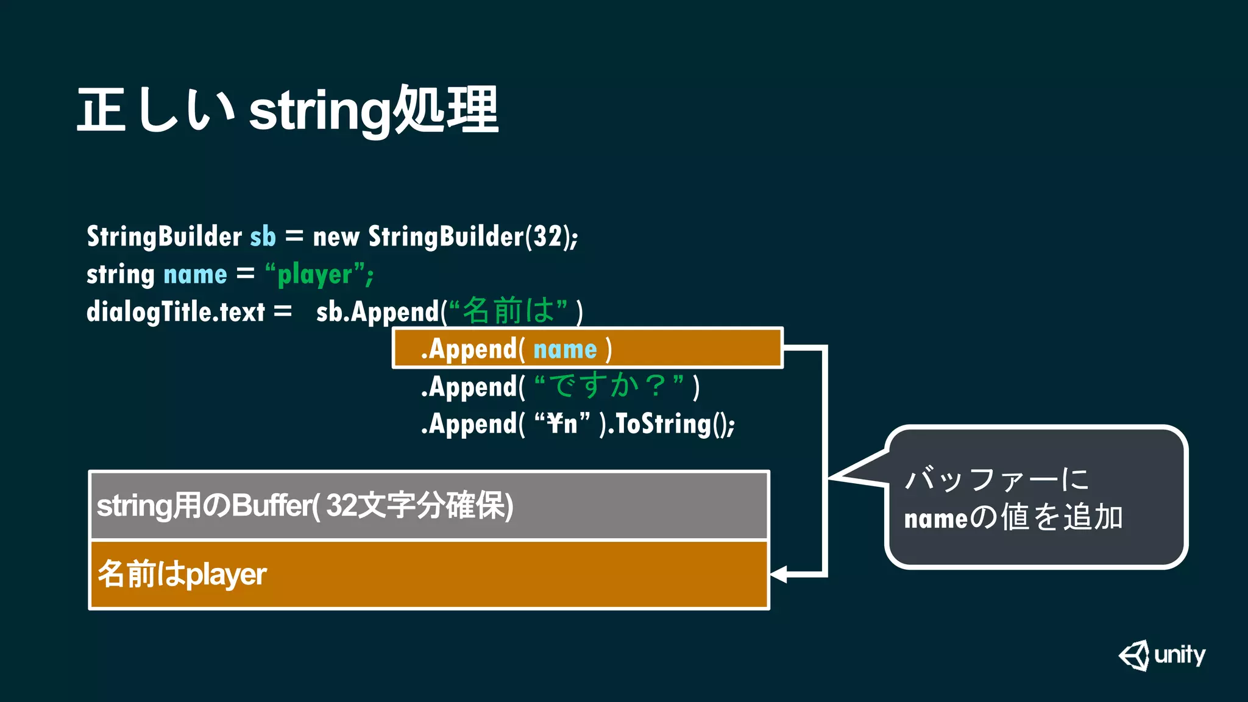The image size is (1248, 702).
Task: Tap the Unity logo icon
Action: tap(1134, 656)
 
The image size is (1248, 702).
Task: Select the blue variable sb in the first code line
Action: tap(263, 236)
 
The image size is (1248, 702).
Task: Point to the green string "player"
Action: tap(315, 275)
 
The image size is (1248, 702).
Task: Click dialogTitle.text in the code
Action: tap(175, 312)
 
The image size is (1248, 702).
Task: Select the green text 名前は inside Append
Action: tap(509, 311)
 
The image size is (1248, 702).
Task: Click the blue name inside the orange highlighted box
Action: tap(565, 350)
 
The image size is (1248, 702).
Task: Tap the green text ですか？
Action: tap(609, 386)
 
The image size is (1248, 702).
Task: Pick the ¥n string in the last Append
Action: tap(562, 424)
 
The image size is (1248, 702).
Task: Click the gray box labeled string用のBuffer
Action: tap(429, 505)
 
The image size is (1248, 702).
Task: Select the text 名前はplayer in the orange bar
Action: tap(182, 574)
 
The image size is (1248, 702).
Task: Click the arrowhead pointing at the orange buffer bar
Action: tap(779, 574)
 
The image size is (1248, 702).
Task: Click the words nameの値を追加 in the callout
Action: tap(1013, 518)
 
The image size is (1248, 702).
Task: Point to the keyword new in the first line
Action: tap(336, 236)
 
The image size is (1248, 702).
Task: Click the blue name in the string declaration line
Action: tap(195, 275)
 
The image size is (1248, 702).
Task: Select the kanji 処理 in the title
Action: tap(445, 110)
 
